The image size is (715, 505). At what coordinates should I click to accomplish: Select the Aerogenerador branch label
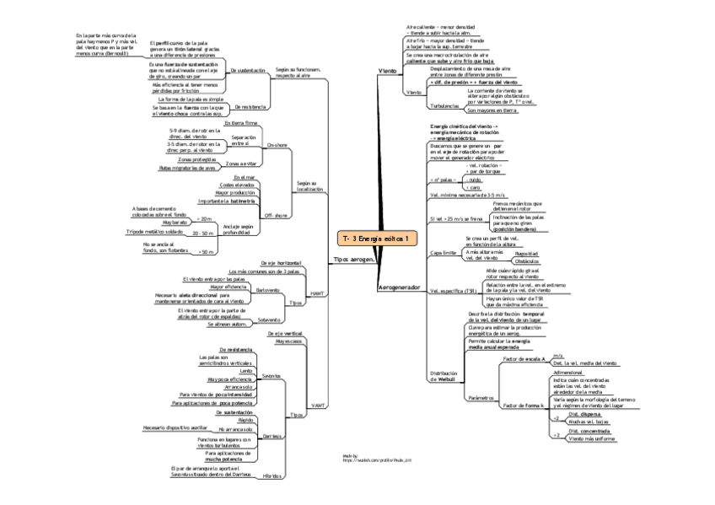pos(399,287)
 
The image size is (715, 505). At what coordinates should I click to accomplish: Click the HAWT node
pos(318,293)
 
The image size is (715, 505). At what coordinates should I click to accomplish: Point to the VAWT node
pos(318,406)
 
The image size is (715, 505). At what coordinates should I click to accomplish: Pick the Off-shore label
pos(277,215)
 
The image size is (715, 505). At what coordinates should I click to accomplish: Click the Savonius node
pos(271,375)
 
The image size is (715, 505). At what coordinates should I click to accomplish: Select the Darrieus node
pos(271,436)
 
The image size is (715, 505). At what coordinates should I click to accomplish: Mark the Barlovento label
pos(269,290)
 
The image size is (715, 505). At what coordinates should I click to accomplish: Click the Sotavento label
pos(270,320)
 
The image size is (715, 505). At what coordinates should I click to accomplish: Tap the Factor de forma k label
pos(524,406)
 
